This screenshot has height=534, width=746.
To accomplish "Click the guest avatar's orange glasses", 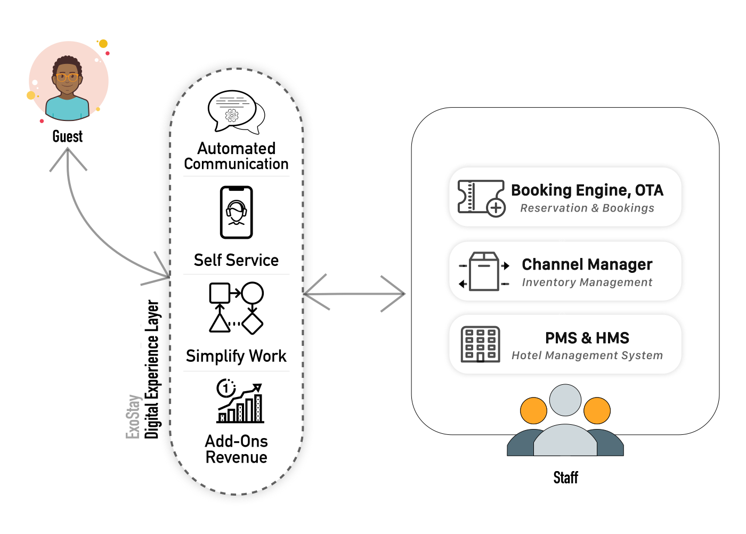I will coord(67,77).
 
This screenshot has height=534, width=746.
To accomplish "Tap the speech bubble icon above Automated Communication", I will coord(236,112).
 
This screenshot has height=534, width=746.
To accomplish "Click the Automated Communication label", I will coord(236,156).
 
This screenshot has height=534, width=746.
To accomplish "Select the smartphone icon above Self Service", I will coord(237,212).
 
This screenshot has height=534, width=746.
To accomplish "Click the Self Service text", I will coord(236,260).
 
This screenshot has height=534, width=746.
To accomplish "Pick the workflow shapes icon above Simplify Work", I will coord(236,308).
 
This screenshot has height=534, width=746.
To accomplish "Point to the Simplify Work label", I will coord(236,356).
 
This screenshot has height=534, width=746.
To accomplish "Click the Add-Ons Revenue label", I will coord(236,449).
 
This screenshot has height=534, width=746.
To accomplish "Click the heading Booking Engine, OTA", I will coord(587,190).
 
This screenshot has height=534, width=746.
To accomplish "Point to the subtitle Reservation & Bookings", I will coord(587,208).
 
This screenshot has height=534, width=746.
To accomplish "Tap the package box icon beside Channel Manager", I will coord(484,271).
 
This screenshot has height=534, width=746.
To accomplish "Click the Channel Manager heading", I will coord(587,264).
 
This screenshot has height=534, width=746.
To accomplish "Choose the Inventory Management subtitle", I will coord(587,282).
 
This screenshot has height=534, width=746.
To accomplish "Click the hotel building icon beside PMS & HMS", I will coord(480,344).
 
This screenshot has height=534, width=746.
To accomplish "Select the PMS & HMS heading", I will coord(587,338).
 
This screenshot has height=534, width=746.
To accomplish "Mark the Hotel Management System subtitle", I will coord(587,355).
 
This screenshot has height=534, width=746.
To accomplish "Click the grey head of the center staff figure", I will coord(565,400).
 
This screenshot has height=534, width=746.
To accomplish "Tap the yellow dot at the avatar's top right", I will coord(103,44).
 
